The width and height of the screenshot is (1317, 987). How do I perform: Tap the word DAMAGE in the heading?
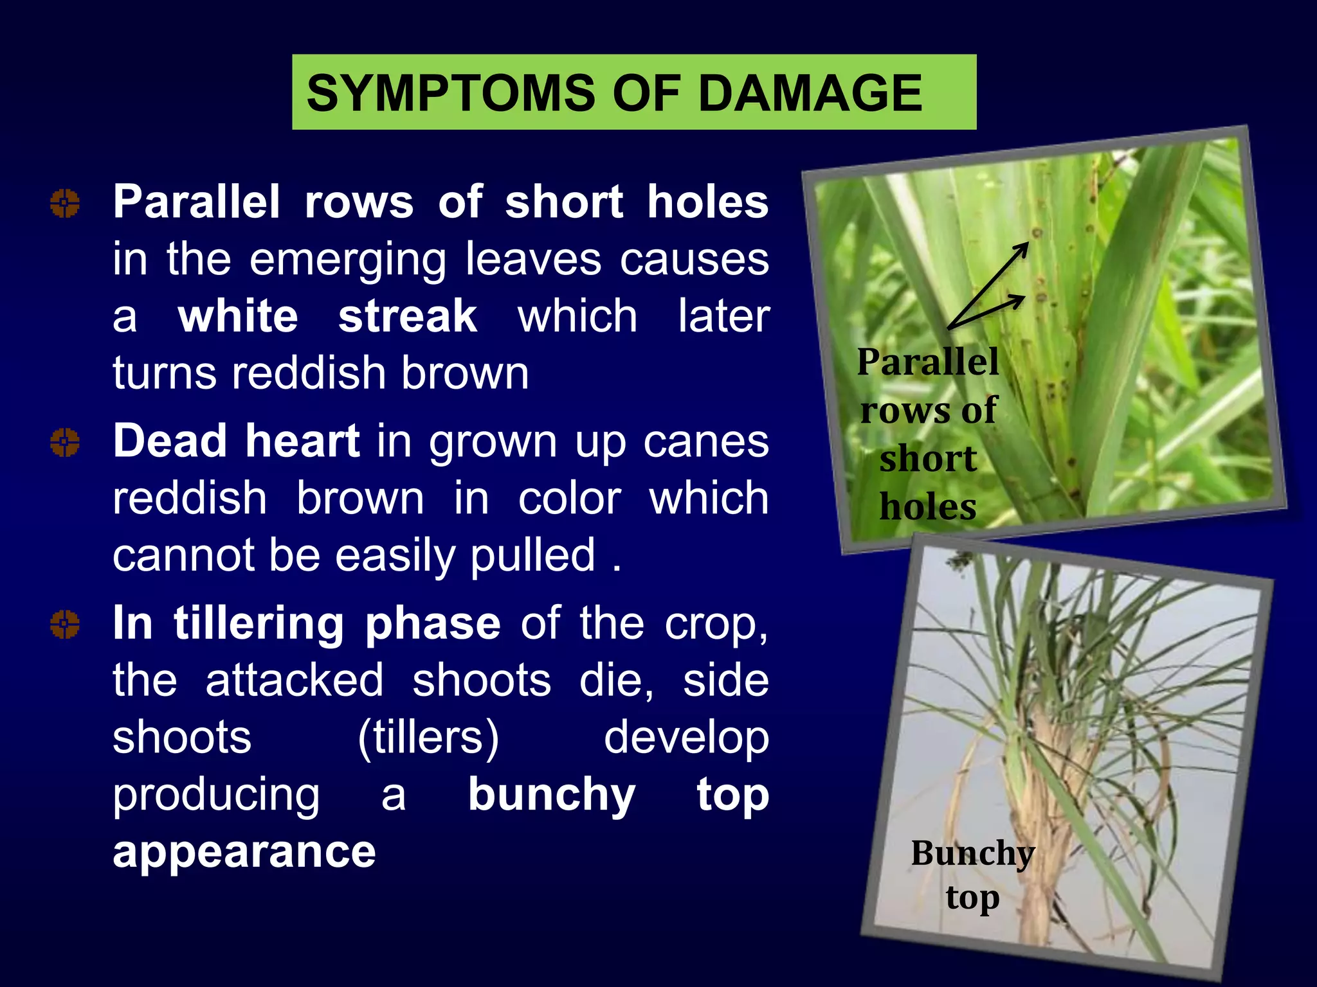810,93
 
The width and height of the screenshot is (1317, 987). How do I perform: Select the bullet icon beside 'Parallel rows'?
65,204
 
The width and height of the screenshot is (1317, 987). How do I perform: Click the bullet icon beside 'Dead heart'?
65,443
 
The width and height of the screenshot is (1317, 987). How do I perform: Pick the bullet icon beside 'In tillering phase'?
65,625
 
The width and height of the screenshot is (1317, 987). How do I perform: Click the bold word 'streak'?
408,316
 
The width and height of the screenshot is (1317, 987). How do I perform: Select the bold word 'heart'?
302,441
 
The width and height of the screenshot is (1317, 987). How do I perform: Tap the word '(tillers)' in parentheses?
428,738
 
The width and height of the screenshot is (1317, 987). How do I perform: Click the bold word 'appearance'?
244,851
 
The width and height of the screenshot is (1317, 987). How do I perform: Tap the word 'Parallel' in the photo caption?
927,361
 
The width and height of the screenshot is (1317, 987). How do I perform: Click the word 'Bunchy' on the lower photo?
972,853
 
